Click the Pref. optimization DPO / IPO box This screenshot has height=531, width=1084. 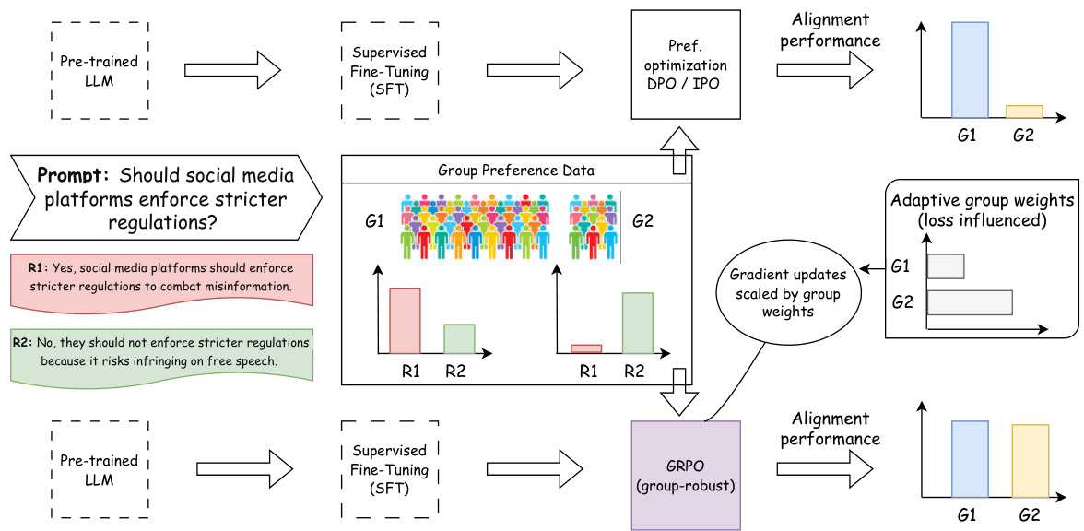click(x=686, y=65)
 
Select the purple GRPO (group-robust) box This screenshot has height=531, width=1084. click(x=686, y=476)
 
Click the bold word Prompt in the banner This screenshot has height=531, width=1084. click(x=74, y=175)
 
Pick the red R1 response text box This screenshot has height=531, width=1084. click(x=160, y=277)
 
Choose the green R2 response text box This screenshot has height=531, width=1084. click(x=160, y=352)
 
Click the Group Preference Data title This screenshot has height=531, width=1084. click(x=515, y=170)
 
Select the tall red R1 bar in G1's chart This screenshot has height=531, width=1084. click(x=405, y=320)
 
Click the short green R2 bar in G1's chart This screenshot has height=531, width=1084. click(x=459, y=338)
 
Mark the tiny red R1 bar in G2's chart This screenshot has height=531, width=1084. click(x=586, y=348)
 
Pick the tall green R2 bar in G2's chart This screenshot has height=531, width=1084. click(x=638, y=323)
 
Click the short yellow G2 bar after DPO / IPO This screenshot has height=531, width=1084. click(x=1023, y=112)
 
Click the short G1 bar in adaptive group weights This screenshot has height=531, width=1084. click(x=946, y=266)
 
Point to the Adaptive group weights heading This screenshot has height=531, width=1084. click(x=983, y=210)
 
